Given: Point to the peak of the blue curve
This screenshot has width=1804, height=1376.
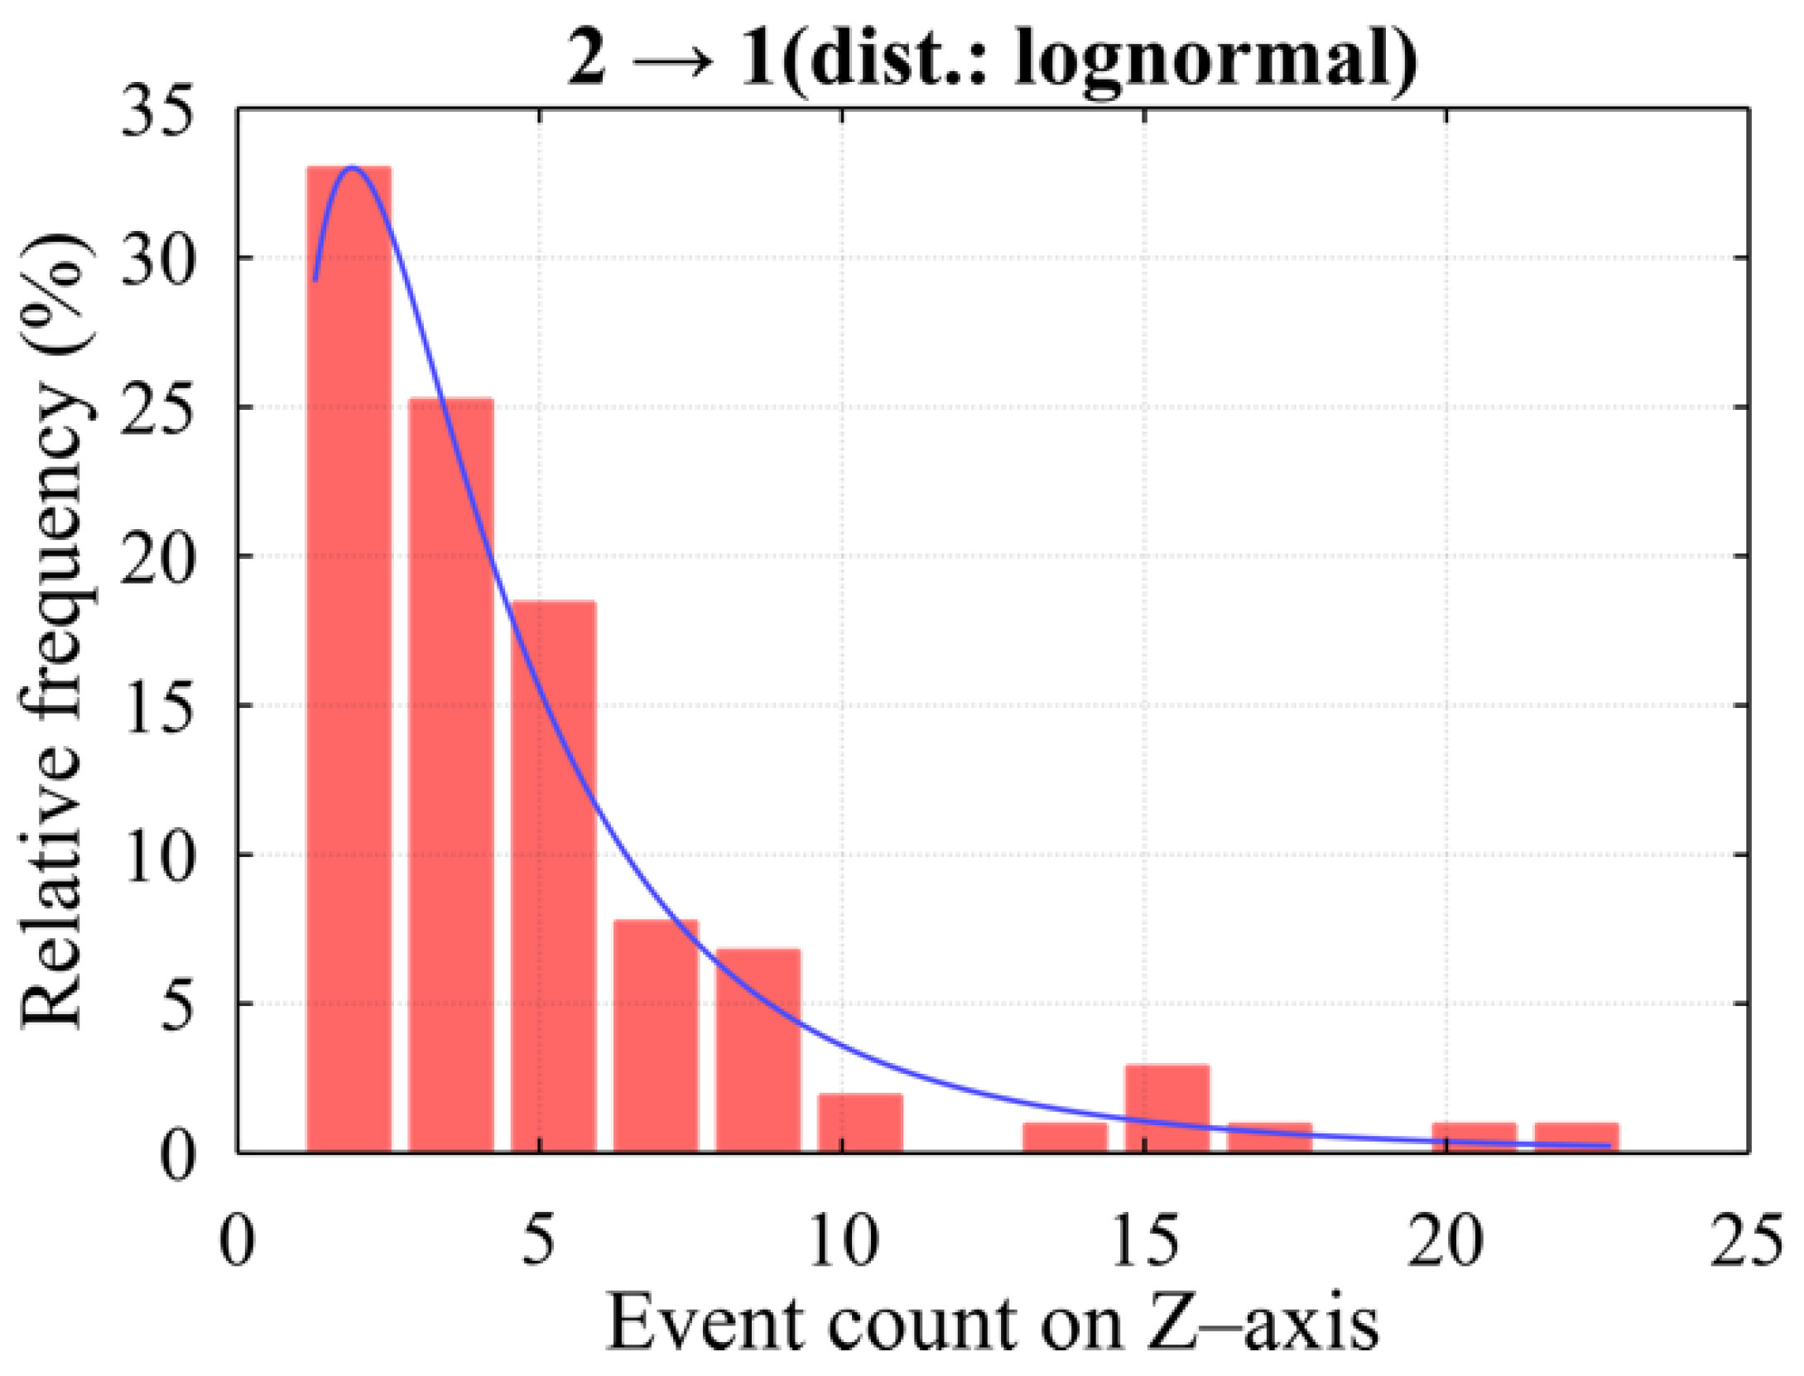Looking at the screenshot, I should click(353, 167).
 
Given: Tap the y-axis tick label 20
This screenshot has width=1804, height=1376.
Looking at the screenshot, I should click(157, 556).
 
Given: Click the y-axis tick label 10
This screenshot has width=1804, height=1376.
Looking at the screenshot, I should click(157, 854).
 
